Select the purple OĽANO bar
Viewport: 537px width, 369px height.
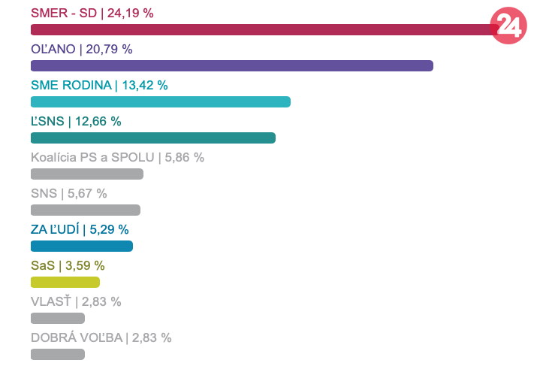[x=231, y=65]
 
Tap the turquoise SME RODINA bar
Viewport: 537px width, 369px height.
[x=160, y=101]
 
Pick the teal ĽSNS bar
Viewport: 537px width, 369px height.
[x=152, y=138]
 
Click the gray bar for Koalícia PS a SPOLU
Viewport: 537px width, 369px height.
[x=86, y=174]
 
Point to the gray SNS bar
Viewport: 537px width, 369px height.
[x=85, y=210]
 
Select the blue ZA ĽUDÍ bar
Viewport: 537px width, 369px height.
[x=81, y=246]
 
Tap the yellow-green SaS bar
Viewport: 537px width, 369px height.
[x=65, y=282]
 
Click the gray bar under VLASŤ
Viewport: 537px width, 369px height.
[x=57, y=318]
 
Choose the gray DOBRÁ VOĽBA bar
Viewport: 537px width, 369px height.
[x=57, y=354]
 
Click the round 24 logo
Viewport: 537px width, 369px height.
[x=508, y=26]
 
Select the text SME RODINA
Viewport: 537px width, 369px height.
[x=71, y=85]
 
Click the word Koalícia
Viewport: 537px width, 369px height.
[x=56, y=157]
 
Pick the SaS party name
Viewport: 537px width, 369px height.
[x=41, y=265]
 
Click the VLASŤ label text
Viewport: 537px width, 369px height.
[x=50, y=301]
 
